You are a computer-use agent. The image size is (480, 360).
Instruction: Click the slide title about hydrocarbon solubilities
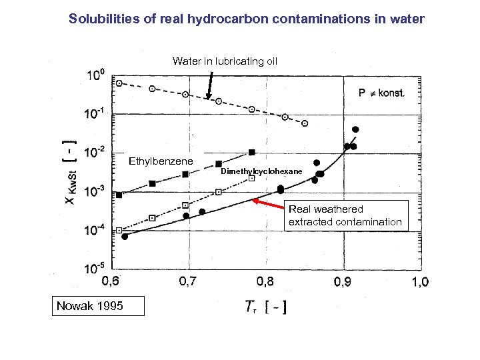(x=246, y=19)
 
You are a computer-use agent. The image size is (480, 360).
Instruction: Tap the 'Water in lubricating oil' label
(x=225, y=61)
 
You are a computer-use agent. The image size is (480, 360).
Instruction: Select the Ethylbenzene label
(x=161, y=161)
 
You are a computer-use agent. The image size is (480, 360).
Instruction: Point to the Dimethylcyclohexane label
(x=261, y=172)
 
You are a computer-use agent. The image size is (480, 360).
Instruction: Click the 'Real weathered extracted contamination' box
(x=345, y=216)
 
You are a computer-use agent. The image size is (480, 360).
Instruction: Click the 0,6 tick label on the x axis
(x=111, y=282)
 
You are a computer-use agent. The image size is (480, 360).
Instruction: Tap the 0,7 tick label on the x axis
(x=188, y=282)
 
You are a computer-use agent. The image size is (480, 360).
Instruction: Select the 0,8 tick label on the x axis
(x=265, y=282)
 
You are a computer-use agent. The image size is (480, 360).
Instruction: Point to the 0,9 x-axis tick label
(x=343, y=282)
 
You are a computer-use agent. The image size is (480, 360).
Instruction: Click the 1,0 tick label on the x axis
(x=419, y=282)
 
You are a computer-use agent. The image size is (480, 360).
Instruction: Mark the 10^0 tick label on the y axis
(x=96, y=75)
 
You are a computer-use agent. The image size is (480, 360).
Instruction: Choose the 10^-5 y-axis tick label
(x=95, y=268)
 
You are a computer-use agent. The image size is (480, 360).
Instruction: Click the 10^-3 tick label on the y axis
(x=95, y=191)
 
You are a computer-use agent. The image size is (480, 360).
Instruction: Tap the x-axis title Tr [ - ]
(x=265, y=307)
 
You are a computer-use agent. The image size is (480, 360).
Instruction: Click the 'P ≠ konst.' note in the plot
(x=381, y=93)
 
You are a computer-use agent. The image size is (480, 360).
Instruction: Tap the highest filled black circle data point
(x=355, y=129)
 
